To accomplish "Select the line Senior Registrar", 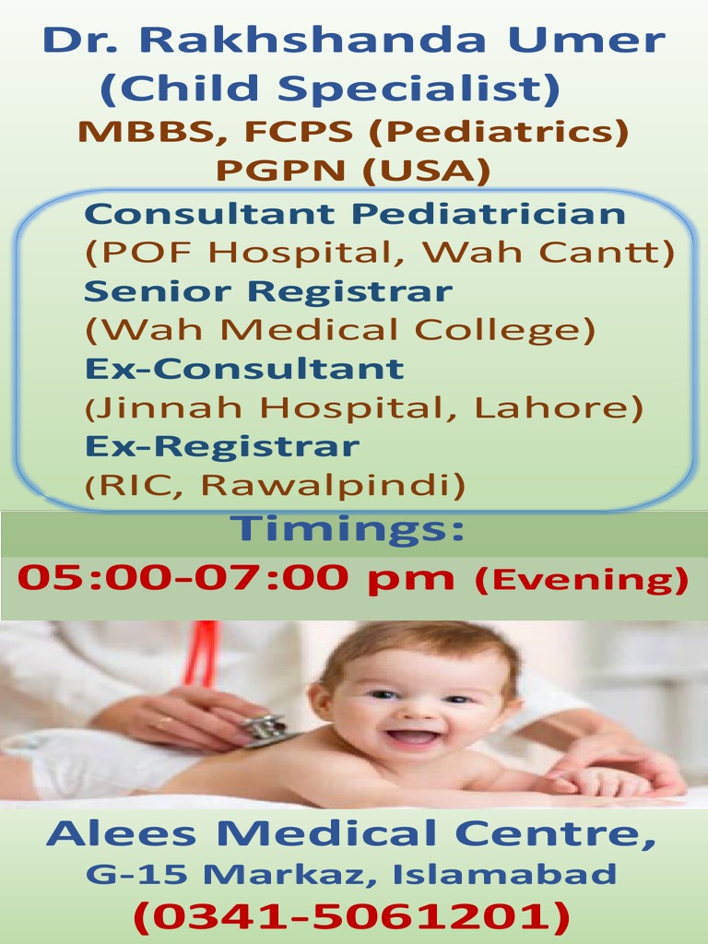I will click(267, 291).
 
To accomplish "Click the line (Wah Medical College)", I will click(339, 330).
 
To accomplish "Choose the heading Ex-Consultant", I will click(244, 369).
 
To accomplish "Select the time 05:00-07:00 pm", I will click(236, 578).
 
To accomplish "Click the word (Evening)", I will click(581, 580).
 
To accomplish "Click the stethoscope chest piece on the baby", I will click(267, 729).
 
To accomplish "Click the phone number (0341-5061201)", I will click(351, 915).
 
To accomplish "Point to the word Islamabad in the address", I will click(504, 873).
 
